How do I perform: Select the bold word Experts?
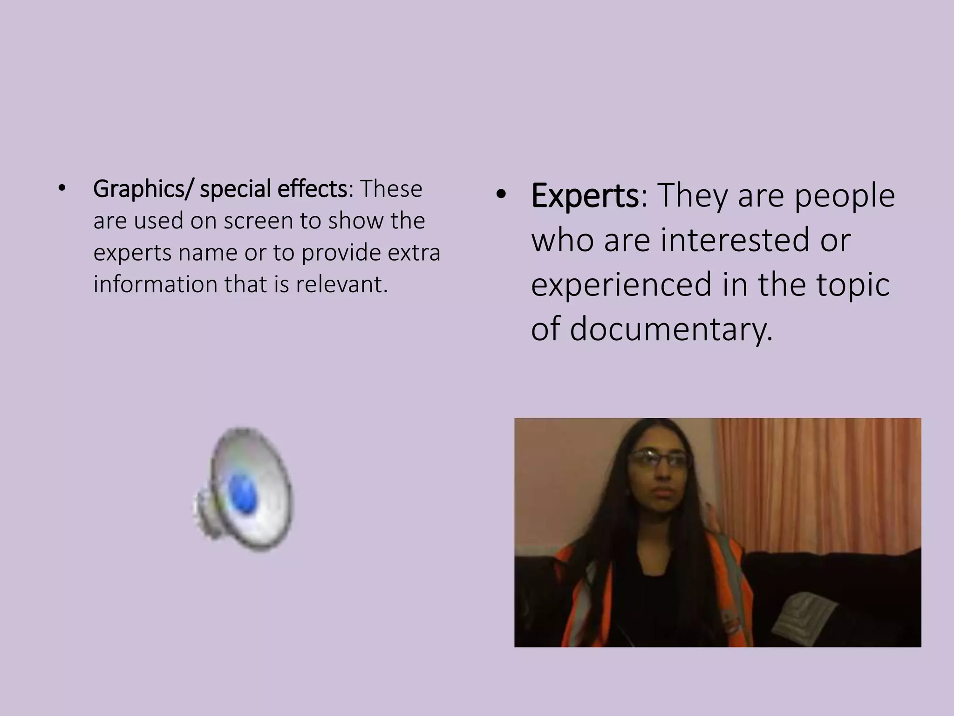point(585,196)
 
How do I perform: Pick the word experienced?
point(621,285)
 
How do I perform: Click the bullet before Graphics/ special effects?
point(61,189)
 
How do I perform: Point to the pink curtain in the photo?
point(820,480)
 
